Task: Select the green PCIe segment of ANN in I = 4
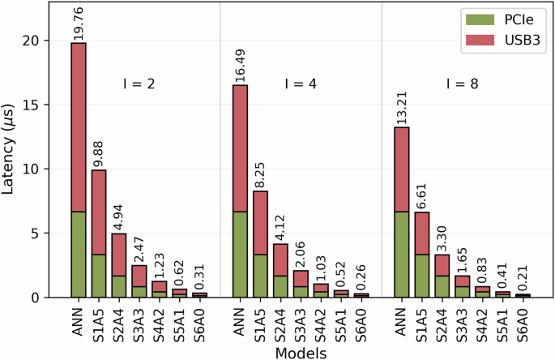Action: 241,255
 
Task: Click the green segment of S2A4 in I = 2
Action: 119,286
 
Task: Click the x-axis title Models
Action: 300,352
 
